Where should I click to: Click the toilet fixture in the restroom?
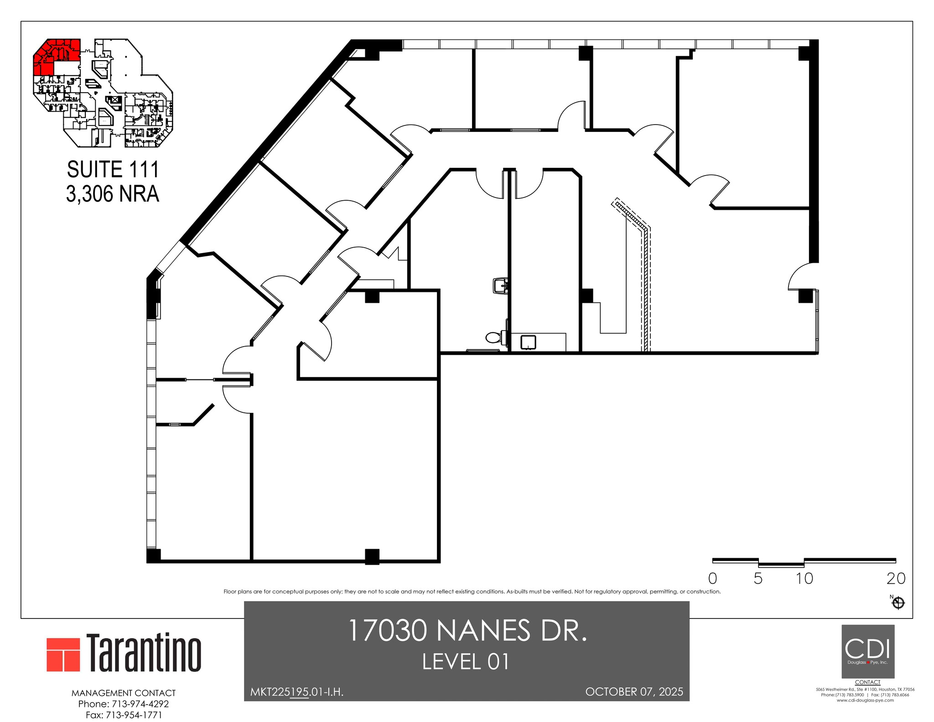[x=494, y=338]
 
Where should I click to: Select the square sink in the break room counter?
[x=528, y=342]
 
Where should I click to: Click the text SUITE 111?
[x=113, y=170]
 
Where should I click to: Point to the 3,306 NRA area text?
[x=113, y=194]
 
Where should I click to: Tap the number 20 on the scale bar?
[x=896, y=578]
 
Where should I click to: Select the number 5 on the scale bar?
[x=758, y=578]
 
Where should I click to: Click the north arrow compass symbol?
[x=898, y=603]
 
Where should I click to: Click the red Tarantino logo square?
[x=63, y=654]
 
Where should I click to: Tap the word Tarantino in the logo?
[x=144, y=653]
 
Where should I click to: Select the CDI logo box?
[x=867, y=651]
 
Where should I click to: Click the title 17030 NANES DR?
[x=467, y=631]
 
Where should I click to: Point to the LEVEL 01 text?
[x=466, y=662]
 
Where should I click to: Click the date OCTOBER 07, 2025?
[x=634, y=692]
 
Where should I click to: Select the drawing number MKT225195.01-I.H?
[x=297, y=692]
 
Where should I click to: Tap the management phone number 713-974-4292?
[x=140, y=704]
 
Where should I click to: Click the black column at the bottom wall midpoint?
[x=372, y=556]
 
